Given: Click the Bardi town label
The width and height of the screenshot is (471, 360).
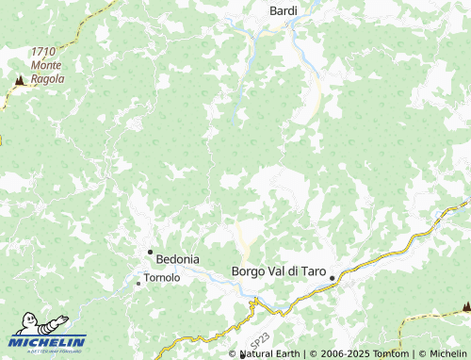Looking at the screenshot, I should click(284, 10).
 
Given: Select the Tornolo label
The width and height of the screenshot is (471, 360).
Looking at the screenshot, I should click(161, 280).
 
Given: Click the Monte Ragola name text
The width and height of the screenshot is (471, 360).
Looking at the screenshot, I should click(47, 72).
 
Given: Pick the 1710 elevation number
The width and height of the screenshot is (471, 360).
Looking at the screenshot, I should click(42, 52).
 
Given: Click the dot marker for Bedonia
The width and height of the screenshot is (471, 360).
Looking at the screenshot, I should click(149, 252).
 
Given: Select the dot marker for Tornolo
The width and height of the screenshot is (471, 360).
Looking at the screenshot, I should click(138, 282).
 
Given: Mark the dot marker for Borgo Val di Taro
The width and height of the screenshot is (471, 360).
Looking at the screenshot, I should click(333, 277).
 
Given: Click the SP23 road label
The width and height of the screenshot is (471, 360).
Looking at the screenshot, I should click(259, 335).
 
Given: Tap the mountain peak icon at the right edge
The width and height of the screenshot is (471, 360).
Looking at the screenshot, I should click(465, 306).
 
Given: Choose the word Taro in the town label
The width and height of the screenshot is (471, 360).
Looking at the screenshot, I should click(311, 271).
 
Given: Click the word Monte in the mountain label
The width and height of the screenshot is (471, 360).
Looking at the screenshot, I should click(47, 65).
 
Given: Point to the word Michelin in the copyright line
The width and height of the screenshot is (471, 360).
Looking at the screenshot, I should click(447, 353).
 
